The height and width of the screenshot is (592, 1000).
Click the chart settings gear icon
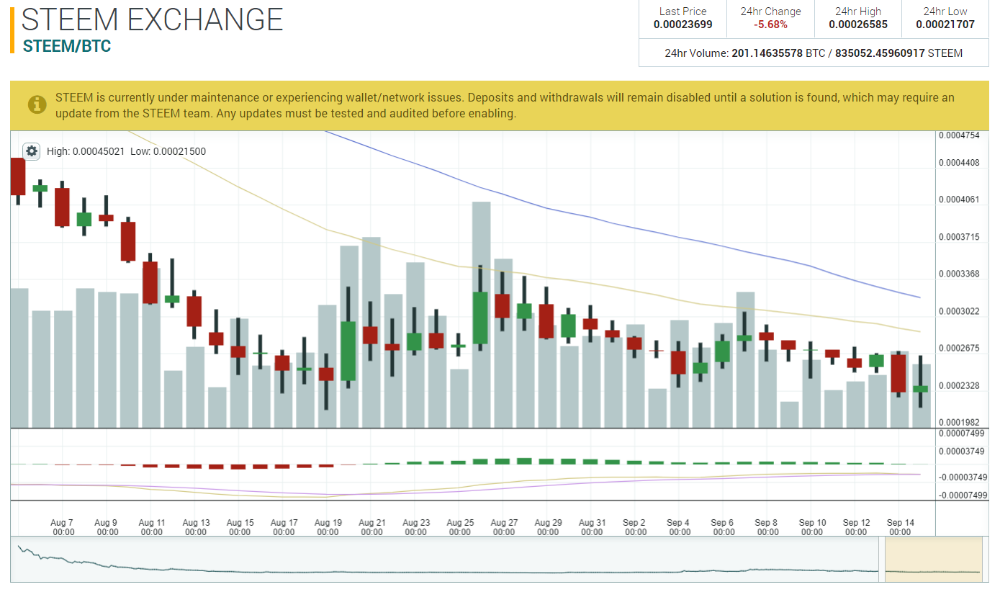pyautogui.click(x=31, y=151)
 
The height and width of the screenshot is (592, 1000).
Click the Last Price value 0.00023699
pyautogui.click(x=683, y=24)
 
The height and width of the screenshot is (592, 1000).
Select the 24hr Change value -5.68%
pyautogui.click(x=770, y=24)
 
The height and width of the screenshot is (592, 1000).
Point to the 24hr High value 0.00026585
pyautogui.click(x=857, y=24)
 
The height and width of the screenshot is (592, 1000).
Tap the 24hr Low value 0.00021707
pyautogui.click(x=945, y=24)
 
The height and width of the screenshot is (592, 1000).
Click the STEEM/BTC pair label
pyautogui.click(x=67, y=46)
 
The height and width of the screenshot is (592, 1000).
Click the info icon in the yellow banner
pyautogui.click(x=37, y=105)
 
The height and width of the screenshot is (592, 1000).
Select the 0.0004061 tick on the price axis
pyautogui.click(x=959, y=199)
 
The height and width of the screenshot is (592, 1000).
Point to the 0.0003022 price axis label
pyautogui.click(x=959, y=311)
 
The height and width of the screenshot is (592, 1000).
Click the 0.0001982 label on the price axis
pyautogui.click(x=959, y=422)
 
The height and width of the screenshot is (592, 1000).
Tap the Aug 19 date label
pyautogui.click(x=328, y=527)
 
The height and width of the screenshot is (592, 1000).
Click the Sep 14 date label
pyautogui.click(x=900, y=527)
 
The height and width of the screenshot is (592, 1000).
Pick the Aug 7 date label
pyautogui.click(x=63, y=527)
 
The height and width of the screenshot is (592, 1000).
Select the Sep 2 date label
pyautogui.click(x=635, y=527)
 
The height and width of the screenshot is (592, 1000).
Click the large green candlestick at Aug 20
pyautogui.click(x=348, y=351)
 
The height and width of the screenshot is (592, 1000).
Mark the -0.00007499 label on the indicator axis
pyautogui.click(x=963, y=495)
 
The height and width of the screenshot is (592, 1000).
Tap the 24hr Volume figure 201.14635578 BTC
pyautogui.click(x=767, y=53)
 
